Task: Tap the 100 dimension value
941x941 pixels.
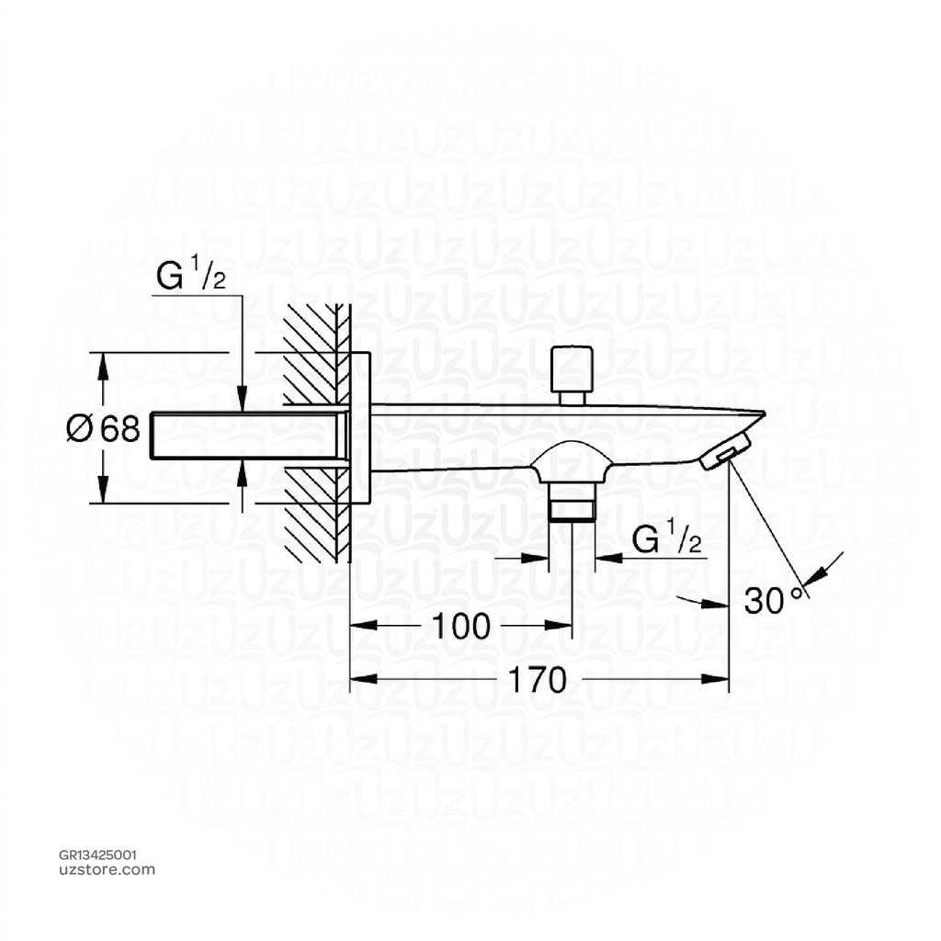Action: [460, 627]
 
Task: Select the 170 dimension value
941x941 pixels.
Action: [538, 680]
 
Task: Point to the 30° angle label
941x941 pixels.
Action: [774, 600]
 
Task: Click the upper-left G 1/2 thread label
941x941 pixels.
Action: [191, 278]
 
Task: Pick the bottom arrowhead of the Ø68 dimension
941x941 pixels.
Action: [103, 493]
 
